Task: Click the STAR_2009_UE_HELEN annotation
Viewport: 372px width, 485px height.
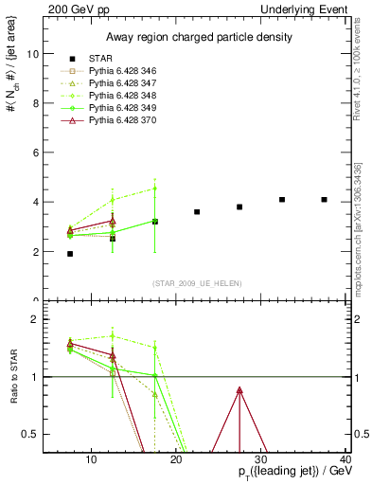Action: coord(197,283)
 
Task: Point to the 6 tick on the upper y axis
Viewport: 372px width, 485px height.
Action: coord(36,153)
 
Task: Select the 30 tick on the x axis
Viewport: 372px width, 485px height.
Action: coord(260,460)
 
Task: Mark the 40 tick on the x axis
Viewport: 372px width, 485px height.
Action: coord(345,460)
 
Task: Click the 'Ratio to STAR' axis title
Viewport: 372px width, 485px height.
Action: coord(12,377)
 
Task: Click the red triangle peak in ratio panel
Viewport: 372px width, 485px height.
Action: coord(239,389)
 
